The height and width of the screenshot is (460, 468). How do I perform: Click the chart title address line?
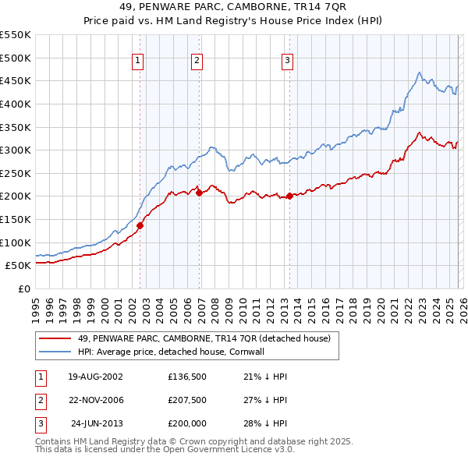pos(234,7)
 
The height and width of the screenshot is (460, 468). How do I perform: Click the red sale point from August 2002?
pos(140,225)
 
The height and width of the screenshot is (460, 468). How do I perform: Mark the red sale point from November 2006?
pos(199,193)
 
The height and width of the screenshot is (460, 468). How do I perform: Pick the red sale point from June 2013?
pos(289,196)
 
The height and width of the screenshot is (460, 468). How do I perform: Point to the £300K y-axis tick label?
pos(16,150)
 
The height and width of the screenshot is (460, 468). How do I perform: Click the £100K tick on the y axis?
pos(16,242)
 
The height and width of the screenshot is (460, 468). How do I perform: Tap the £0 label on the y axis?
pos(23,288)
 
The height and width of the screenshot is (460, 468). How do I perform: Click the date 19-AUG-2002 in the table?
pos(95,377)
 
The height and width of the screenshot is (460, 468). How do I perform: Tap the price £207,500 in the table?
pos(186,400)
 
